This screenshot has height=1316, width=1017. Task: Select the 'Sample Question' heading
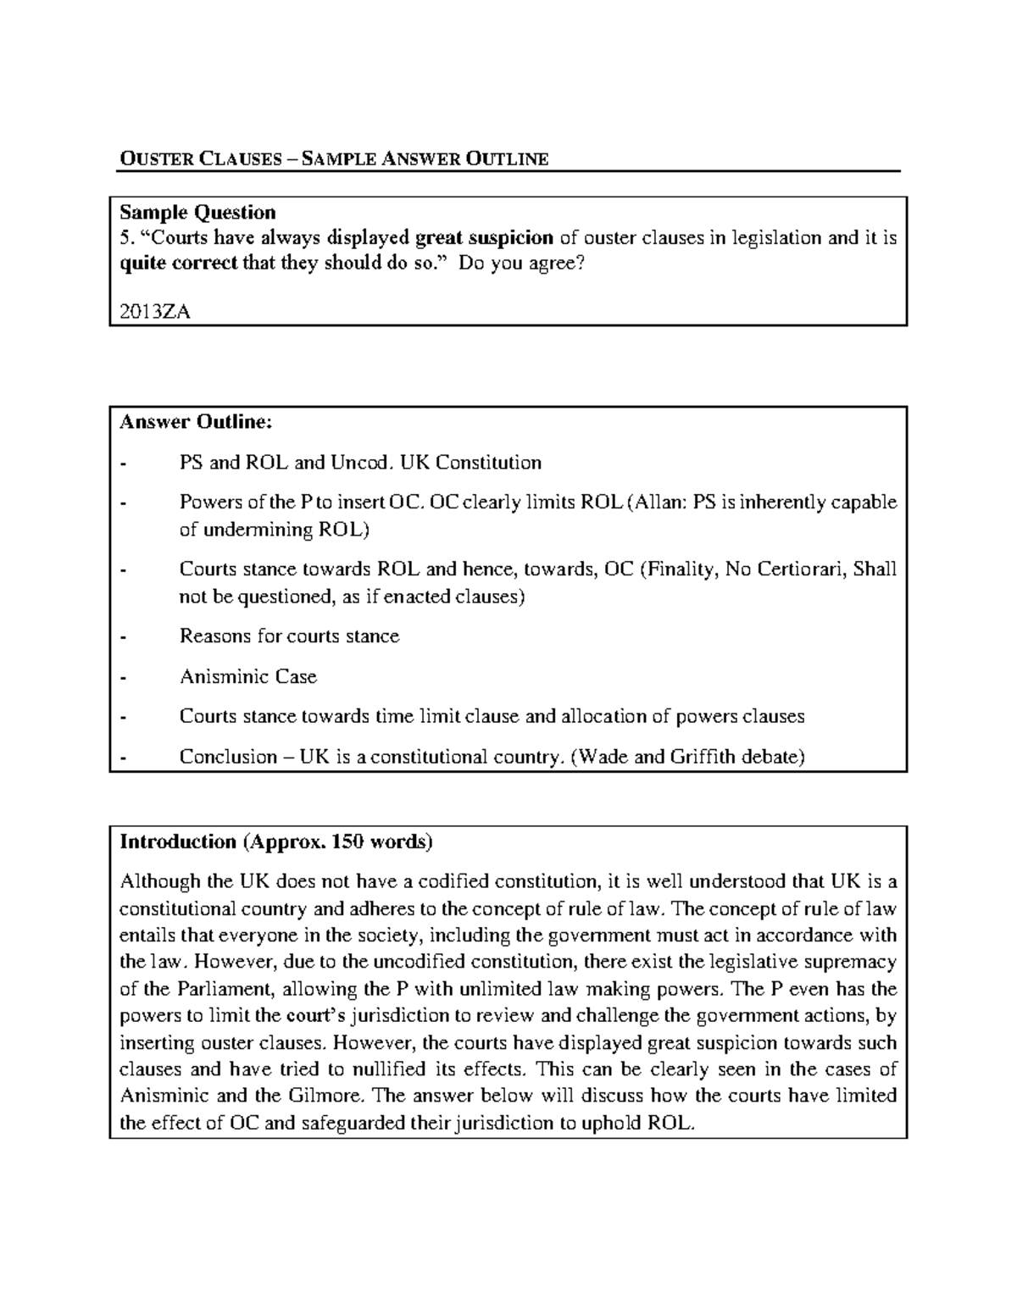[x=197, y=212]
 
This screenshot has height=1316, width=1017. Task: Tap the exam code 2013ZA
[x=154, y=311]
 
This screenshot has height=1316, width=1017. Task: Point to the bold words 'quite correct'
[x=178, y=263]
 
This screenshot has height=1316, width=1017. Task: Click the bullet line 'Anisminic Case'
[x=247, y=676]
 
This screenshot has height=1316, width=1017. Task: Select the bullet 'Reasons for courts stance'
[x=289, y=636]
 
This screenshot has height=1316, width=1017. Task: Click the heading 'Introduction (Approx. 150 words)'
[x=276, y=841]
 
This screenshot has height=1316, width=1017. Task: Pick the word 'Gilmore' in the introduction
[x=326, y=1095]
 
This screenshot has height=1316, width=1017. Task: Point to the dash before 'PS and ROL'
[x=125, y=463]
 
